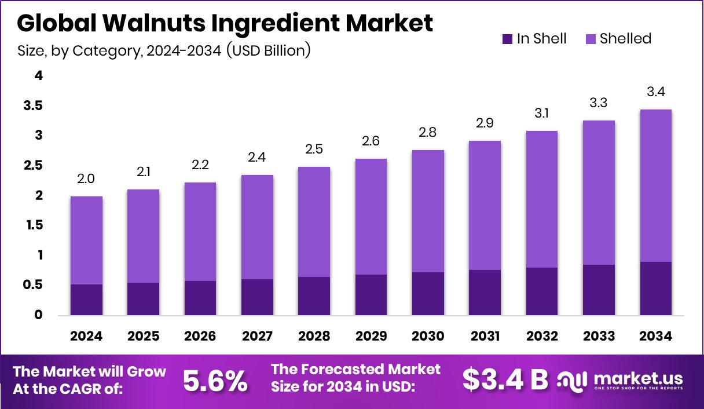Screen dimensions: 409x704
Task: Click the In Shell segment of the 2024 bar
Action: tap(86, 300)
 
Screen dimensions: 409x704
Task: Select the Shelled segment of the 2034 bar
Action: tap(656, 185)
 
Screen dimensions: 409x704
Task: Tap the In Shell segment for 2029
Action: tap(371, 295)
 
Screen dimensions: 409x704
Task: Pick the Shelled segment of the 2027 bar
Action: tap(257, 227)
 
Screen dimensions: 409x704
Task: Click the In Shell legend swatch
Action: tap(507, 39)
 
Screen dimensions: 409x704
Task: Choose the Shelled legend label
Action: tap(625, 39)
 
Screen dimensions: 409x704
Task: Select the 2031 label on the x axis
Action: tap(485, 337)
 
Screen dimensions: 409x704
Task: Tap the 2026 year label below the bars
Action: tap(200, 337)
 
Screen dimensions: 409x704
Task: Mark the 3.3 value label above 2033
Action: tap(599, 103)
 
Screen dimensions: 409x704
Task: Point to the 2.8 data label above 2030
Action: tap(428, 133)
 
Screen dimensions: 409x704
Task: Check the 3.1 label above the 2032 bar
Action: tap(542, 114)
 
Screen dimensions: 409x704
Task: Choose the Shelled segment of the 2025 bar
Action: tap(143, 236)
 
